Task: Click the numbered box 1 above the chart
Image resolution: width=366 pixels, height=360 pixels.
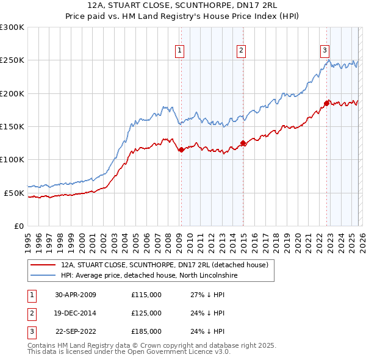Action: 181,51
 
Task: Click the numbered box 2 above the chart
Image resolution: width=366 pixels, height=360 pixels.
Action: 242,51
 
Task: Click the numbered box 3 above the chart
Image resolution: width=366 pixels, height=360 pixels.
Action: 325,51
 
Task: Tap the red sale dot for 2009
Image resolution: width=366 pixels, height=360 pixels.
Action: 181,149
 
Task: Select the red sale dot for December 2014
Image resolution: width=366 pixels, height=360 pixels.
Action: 243,143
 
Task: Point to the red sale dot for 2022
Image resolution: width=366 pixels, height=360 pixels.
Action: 326,103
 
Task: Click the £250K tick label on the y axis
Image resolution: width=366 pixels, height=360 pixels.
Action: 12,60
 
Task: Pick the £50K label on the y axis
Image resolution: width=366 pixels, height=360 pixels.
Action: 13,193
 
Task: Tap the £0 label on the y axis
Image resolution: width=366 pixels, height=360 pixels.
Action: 18,226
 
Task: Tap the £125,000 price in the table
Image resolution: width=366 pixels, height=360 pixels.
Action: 146,313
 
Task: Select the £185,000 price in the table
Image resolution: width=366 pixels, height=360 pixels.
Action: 146,331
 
